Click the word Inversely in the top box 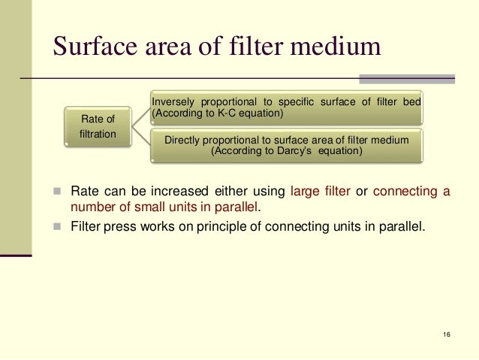(x=174, y=102)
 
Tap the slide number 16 (x=447, y=333)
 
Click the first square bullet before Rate (x=57, y=192)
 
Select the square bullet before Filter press (x=57, y=223)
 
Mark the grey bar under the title (x=406, y=78)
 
